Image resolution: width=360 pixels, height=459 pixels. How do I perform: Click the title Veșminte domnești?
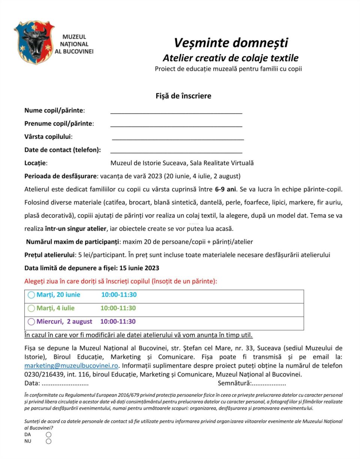[231, 43]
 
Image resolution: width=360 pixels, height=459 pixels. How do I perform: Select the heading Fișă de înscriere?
[183, 96]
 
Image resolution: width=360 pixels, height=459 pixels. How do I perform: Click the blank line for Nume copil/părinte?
[176, 111]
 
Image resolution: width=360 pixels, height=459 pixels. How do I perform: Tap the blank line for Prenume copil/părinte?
[176, 125]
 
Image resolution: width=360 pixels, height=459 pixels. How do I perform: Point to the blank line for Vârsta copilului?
[178, 138]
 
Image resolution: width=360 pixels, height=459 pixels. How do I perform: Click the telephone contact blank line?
[176, 151]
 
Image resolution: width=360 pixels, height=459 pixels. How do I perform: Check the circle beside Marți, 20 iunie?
[31, 295]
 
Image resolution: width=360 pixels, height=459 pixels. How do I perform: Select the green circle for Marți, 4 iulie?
[31, 309]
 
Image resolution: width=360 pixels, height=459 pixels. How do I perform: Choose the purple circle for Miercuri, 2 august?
[31, 322]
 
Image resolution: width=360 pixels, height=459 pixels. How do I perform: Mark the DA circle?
[48, 435]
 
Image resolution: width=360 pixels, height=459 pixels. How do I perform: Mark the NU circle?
[48, 441]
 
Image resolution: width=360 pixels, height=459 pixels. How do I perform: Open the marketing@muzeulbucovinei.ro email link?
[72, 366]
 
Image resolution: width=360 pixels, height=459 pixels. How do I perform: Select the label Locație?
[36, 163]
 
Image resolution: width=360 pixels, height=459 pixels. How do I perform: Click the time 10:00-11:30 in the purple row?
[118, 322]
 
